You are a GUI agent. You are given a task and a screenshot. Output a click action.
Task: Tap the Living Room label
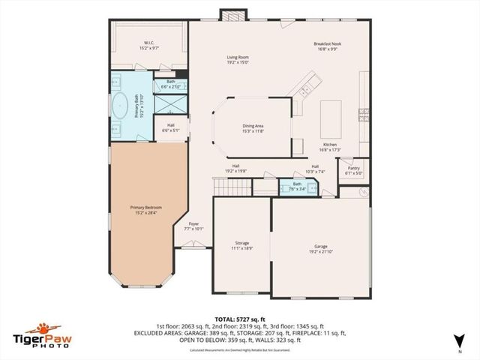(238, 60)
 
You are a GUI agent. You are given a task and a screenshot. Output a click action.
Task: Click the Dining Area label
(253, 128)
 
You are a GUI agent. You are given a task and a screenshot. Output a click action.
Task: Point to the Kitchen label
(330, 146)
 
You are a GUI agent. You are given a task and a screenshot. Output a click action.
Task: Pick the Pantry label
(354, 170)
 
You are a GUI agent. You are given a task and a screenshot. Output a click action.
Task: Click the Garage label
(321, 248)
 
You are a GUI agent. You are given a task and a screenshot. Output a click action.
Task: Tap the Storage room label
(241, 245)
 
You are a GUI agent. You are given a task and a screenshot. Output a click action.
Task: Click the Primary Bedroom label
(145, 209)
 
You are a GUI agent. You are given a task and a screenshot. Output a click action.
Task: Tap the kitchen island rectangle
(331, 116)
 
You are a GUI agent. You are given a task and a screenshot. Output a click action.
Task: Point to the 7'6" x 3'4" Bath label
(298, 187)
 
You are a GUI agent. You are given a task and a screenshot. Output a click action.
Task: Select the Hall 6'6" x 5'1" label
(171, 127)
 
